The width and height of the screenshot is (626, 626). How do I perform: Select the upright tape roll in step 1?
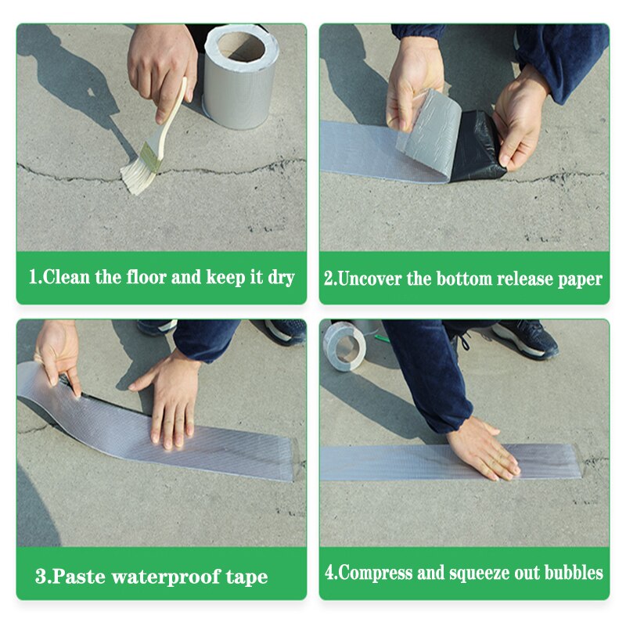(x=240, y=77)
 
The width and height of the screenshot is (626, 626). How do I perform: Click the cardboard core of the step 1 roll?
(x=242, y=47)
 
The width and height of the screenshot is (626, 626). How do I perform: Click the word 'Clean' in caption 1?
(x=66, y=277)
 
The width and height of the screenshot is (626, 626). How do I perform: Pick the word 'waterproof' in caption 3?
(x=166, y=577)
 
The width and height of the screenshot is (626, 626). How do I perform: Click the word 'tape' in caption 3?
(x=246, y=577)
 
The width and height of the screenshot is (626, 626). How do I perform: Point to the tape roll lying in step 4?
(x=344, y=346)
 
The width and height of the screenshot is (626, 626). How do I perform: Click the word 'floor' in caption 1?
(x=146, y=277)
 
